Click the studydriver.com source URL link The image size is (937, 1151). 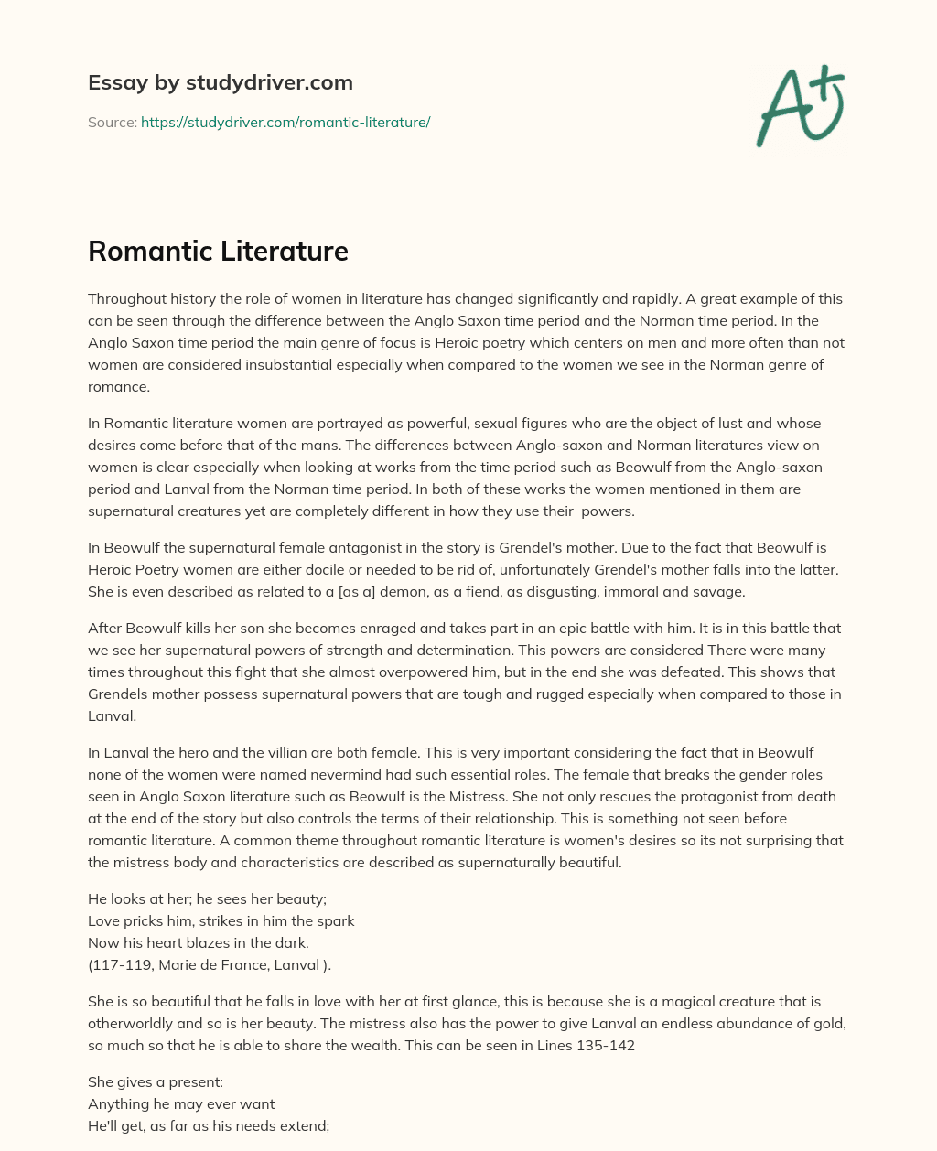point(285,122)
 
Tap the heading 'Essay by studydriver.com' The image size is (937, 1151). point(220,82)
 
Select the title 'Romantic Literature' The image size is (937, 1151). point(218,251)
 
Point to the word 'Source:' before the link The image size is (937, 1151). point(112,122)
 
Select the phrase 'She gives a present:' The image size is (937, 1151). point(149,1082)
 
